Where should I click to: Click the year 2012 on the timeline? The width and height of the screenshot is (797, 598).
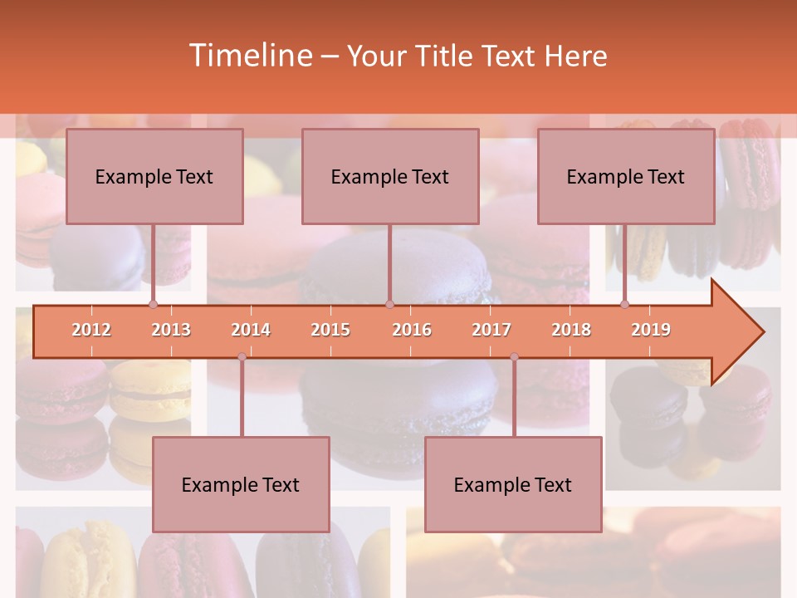coord(91,330)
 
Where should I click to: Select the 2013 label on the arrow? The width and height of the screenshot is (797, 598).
coord(171,330)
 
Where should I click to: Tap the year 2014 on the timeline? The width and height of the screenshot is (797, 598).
coord(251,330)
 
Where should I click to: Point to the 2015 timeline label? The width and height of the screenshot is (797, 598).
coord(330,330)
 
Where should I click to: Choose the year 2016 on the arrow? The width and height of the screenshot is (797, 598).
coord(412,330)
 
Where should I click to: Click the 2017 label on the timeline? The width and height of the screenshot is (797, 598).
coord(491,330)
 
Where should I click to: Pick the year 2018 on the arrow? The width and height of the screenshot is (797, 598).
coord(571,330)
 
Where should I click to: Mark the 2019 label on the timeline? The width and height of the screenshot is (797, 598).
coord(651,330)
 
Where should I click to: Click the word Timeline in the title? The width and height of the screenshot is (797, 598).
coord(249,56)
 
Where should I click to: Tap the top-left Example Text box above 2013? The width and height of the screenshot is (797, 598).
coord(154,176)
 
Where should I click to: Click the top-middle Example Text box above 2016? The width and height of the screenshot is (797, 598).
coord(390,176)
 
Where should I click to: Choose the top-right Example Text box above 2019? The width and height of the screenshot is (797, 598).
coord(626,176)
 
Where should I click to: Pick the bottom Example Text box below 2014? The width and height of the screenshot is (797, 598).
coord(241,484)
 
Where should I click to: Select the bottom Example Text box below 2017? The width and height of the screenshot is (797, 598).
coord(513,484)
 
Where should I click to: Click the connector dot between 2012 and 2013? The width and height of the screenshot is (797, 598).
coord(153,305)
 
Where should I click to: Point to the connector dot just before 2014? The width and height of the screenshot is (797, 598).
coord(242,357)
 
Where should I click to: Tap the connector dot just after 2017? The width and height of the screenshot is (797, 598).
coord(514,357)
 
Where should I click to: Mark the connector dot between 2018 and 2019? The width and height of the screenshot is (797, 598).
coord(625,305)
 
